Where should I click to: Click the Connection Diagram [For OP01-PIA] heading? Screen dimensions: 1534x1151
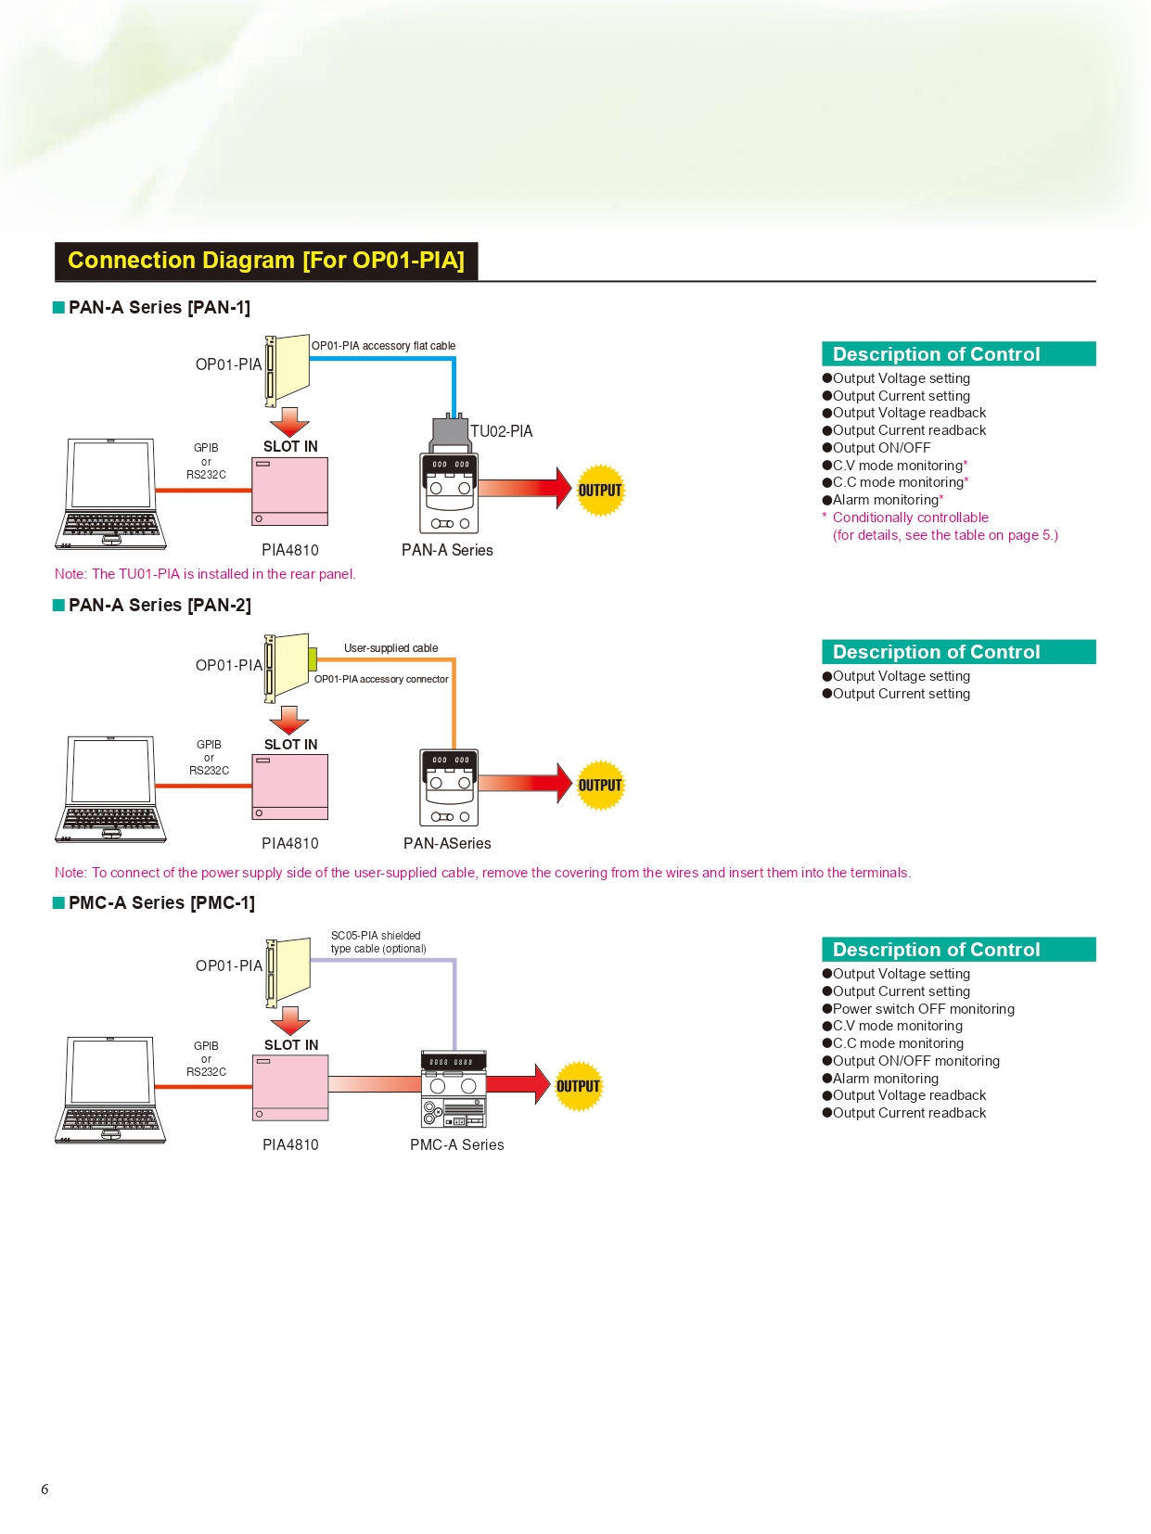(266, 261)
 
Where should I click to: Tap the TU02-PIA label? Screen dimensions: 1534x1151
(501, 431)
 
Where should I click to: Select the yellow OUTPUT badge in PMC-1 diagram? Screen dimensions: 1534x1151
(578, 1086)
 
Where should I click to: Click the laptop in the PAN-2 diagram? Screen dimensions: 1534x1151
(111, 789)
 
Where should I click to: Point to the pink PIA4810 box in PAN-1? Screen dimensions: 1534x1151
(290, 492)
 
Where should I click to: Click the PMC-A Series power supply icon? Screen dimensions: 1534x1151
(454, 1090)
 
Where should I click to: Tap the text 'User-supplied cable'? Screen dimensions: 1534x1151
(390, 648)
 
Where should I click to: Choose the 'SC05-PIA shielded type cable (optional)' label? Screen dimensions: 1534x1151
(378, 942)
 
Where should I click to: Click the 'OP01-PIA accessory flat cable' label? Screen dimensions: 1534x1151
(383, 346)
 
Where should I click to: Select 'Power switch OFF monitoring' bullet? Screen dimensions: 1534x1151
(923, 1009)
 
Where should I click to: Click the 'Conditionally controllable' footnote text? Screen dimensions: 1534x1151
(910, 518)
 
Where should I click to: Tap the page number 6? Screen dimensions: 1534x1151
(45, 1489)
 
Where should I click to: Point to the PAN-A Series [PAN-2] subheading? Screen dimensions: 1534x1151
(160, 606)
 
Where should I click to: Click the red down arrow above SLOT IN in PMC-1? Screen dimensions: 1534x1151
(290, 1020)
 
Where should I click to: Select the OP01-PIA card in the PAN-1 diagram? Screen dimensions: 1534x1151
(288, 369)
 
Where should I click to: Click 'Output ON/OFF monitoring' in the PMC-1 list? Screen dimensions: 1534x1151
(915, 1061)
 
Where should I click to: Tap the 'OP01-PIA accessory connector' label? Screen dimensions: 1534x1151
(381, 679)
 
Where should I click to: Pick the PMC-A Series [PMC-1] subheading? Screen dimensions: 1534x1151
(161, 903)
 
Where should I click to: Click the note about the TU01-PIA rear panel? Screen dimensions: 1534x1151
(205, 574)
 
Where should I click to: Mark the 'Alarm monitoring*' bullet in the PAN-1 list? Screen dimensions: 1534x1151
(887, 500)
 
